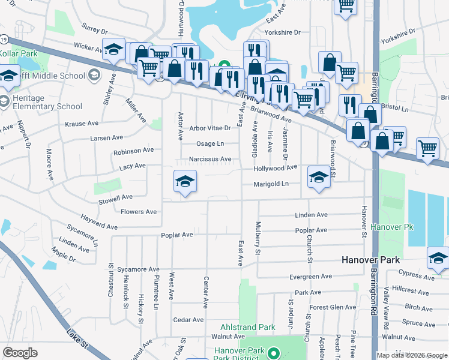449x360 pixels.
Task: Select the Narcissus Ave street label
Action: [210, 160]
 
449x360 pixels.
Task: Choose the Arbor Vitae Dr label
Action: [210, 128]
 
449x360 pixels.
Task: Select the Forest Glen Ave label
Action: [333, 307]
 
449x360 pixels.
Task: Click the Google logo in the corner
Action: [20, 353]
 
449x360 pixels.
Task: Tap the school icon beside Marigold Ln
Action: [318, 176]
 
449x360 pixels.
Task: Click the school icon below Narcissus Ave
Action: [185, 181]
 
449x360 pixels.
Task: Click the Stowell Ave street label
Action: [116, 197]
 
